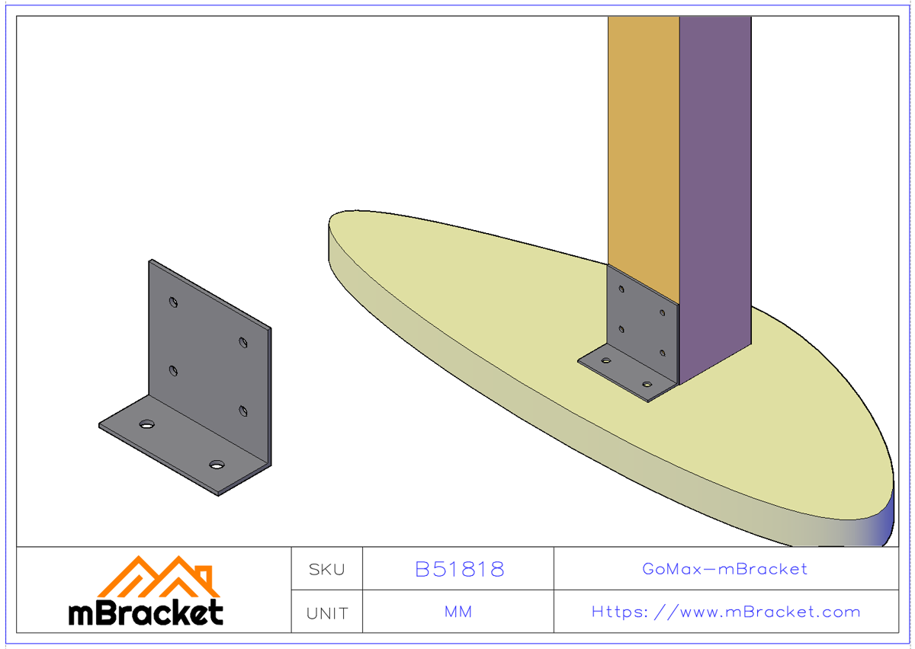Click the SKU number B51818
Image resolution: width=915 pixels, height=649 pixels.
coord(459,569)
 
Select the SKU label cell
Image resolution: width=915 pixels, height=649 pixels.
coord(326,569)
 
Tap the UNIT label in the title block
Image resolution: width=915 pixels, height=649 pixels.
coord(326,612)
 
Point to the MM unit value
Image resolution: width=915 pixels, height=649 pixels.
coord(457,612)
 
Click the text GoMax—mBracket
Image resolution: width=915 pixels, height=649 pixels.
coord(724,569)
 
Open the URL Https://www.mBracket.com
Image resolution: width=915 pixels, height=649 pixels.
coord(726,612)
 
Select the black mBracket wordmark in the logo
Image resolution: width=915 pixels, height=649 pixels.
coord(146,612)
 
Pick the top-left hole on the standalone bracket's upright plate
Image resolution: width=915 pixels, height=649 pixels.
coord(175,302)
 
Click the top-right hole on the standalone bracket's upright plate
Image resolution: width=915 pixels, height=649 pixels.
coord(243,343)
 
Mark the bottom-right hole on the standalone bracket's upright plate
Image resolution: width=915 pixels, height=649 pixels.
coord(243,411)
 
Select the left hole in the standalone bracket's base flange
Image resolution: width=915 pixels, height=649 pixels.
coord(146,424)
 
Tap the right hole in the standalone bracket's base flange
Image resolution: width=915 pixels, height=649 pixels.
coord(217,463)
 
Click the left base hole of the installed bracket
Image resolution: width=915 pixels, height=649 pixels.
coord(606,360)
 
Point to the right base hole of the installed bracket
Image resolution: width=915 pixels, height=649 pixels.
coord(647,385)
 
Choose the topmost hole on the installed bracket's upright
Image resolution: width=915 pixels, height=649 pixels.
coord(621,289)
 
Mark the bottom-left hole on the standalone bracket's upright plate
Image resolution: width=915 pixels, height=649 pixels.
coord(174,371)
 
